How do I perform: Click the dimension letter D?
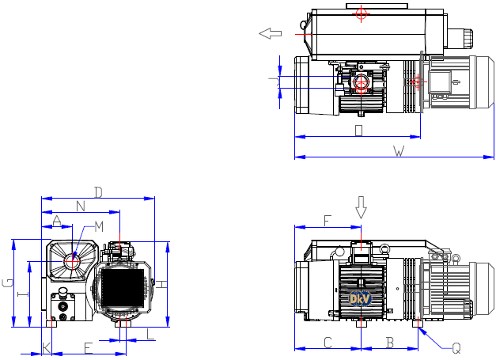(x=99, y=191)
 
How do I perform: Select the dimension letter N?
(x=81, y=206)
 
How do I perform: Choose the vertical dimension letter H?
(x=160, y=283)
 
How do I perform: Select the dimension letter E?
(x=88, y=347)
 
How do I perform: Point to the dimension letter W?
(x=399, y=151)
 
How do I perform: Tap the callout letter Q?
(x=456, y=347)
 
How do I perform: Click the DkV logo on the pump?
(x=361, y=299)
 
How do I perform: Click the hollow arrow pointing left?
(x=271, y=33)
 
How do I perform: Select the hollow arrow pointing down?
(x=362, y=207)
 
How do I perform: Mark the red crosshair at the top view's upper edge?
(x=362, y=13)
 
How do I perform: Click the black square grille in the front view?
(x=123, y=289)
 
